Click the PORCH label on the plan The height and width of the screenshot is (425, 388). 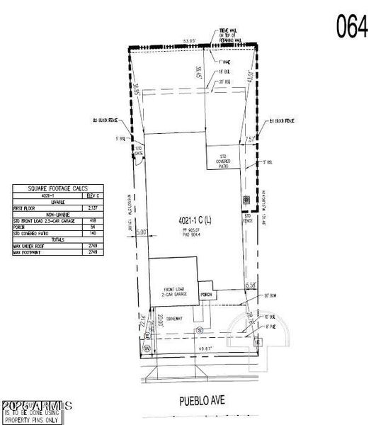[206, 294]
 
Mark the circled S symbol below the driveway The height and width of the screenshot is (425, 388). [200, 331]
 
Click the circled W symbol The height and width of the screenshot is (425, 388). [147, 348]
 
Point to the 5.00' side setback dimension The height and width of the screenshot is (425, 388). [141, 232]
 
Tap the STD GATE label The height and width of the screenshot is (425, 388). [139, 150]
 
